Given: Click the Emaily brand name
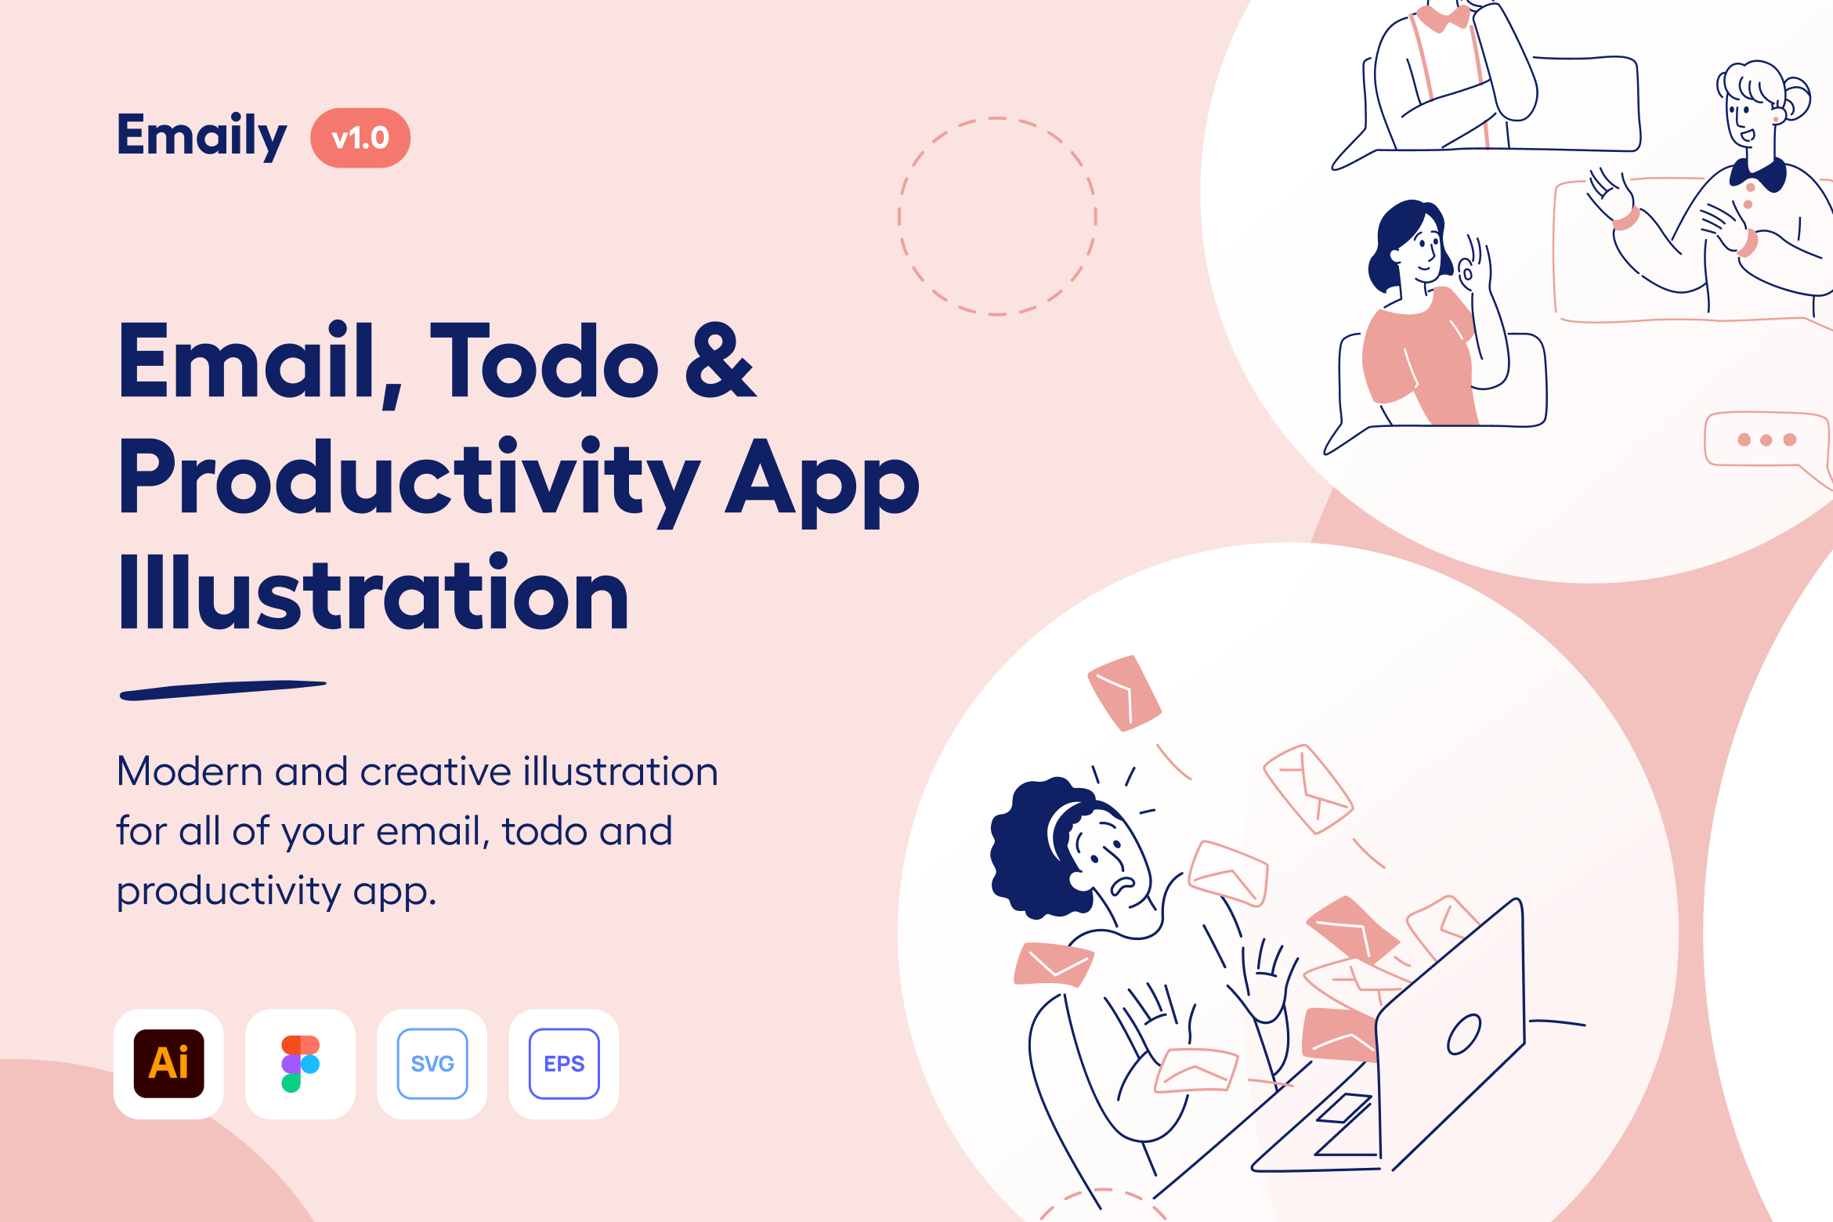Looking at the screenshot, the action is coord(202,136).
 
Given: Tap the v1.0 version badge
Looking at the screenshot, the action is coord(360,138).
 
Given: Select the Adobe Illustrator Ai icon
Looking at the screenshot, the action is coord(168,1063).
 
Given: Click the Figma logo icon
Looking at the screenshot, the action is coord(300,1063).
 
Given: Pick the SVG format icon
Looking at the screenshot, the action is coord(432,1063).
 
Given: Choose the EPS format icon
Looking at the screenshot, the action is coord(564,1063).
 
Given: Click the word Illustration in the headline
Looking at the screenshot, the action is coord(374,591).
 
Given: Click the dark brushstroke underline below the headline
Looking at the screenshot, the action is coord(222,689).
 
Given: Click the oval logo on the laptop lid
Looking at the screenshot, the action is coord(1464,1034).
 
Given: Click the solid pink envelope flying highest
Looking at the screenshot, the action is coord(1124,693).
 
